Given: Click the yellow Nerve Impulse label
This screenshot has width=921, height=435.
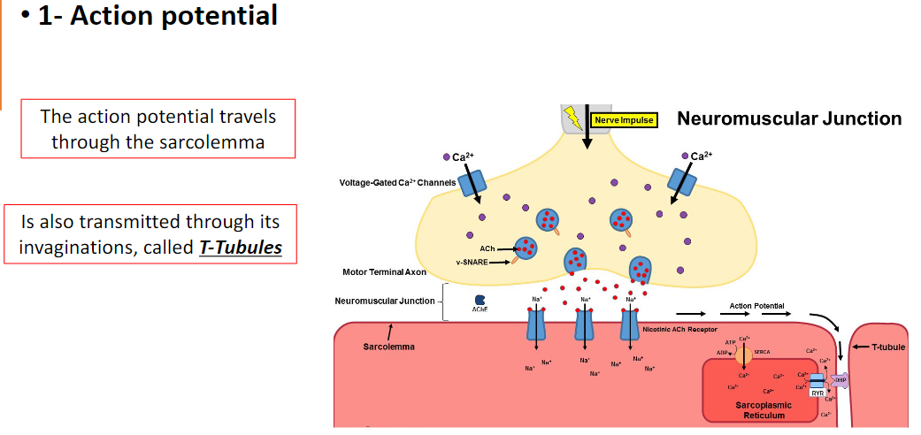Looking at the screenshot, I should click(624, 119).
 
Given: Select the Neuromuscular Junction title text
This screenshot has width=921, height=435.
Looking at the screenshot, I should click(789, 118).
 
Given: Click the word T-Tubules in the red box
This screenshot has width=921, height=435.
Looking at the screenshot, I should click(241, 247).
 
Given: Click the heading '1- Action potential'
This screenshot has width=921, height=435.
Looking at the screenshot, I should click(157, 16).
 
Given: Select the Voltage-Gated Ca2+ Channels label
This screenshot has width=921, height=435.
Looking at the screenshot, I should click(397, 183).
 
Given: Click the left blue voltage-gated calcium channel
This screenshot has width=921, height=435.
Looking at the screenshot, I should click(472, 184).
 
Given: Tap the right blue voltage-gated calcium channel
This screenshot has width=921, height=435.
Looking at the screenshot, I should click(681, 182).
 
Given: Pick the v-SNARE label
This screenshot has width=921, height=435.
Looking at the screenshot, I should click(472, 262).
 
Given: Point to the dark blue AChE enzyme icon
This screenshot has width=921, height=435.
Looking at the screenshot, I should click(480, 301).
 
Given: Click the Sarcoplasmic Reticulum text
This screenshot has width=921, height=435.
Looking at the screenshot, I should click(763, 409).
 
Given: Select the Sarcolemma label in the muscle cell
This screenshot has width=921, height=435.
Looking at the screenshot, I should click(388, 347).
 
